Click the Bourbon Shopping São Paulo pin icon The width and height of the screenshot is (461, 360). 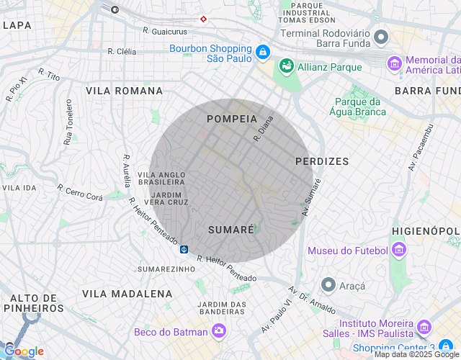[x=262, y=52]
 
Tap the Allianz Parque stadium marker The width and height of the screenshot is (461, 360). [x=286, y=66]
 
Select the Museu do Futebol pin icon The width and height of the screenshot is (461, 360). [x=398, y=251]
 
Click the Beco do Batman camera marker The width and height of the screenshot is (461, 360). [x=218, y=331]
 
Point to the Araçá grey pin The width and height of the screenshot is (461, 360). [x=328, y=285]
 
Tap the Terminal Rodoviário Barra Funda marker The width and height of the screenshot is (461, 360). [x=381, y=36]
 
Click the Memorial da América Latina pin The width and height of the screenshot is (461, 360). [x=394, y=63]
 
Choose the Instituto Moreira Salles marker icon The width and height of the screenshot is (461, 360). [x=424, y=328]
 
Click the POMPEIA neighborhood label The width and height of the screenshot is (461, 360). [x=231, y=119]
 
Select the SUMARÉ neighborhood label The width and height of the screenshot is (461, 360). [x=230, y=230]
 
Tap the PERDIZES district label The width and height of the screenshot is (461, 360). [x=322, y=162]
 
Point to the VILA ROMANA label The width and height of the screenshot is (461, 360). [x=124, y=91]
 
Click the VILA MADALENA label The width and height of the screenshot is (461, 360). [x=127, y=294]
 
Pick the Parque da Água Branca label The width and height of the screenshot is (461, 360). [x=359, y=107]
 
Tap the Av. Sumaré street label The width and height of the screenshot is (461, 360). [x=311, y=197]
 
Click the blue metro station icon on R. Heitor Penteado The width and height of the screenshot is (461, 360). [x=184, y=249]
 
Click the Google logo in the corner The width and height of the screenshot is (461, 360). [x=23, y=351]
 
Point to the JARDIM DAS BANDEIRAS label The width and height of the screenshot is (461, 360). [x=222, y=308]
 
